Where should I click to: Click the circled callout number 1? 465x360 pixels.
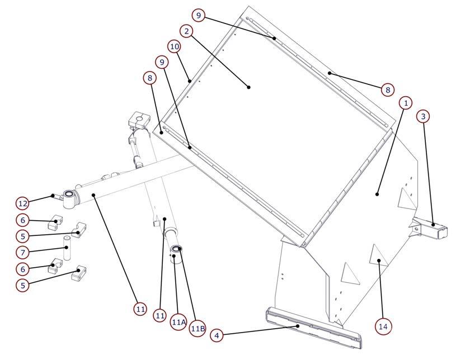click(x=406, y=103)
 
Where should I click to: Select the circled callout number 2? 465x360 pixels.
click(x=186, y=31)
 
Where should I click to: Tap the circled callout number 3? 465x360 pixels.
click(x=423, y=116)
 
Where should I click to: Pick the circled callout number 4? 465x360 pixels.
click(x=217, y=336)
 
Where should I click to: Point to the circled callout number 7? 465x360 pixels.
click(x=23, y=253)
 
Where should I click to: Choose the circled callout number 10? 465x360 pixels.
click(x=175, y=46)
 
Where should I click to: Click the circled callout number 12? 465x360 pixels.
click(x=23, y=203)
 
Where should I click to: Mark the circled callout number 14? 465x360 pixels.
click(x=383, y=326)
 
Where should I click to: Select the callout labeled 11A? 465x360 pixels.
click(x=179, y=322)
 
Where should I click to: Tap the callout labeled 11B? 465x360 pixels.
click(x=198, y=328)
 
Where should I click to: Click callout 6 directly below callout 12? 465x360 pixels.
click(x=23, y=220)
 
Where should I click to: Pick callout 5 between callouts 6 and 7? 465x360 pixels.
click(x=23, y=236)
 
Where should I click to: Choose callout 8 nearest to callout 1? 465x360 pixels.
click(x=388, y=89)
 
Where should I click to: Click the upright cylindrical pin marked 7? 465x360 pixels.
click(x=67, y=248)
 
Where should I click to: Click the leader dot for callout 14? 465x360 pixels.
click(x=379, y=260)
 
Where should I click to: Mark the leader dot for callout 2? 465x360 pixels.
click(x=248, y=87)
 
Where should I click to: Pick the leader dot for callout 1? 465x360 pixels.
click(x=377, y=195)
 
